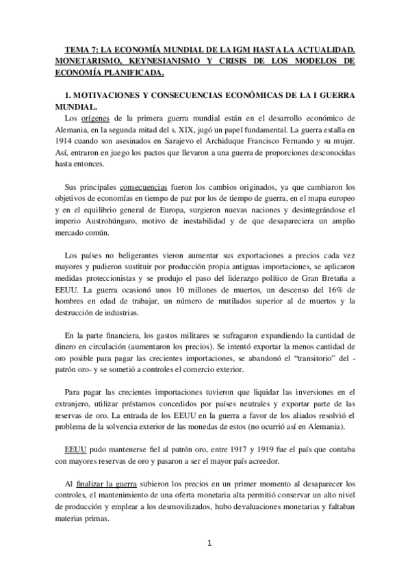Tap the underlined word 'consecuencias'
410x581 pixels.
pyautogui.click(x=144, y=187)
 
